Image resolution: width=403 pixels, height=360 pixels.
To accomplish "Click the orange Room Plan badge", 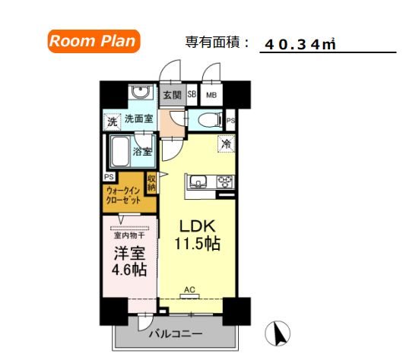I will tap(94, 41).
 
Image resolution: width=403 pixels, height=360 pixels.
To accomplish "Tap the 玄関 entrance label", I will tap(172, 96).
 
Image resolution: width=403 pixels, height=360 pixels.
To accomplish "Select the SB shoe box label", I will tap(192, 96).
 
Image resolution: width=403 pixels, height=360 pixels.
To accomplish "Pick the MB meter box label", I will tap(211, 96).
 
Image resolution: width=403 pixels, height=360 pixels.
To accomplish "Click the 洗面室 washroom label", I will tap(140, 120).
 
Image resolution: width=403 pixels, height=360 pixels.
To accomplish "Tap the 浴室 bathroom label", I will tap(142, 151).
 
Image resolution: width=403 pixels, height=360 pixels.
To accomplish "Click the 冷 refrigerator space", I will tap(226, 143).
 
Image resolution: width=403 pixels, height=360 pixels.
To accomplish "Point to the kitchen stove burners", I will tap(225, 182).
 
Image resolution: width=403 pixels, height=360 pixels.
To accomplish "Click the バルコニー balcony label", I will tap(175, 333).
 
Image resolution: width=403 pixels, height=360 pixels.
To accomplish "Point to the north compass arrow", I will tap(279, 332).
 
